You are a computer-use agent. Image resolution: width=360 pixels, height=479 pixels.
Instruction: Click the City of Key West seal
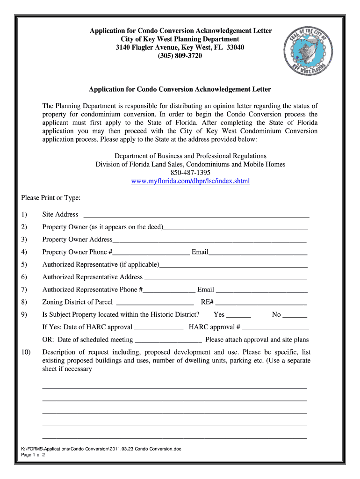[x=309, y=52]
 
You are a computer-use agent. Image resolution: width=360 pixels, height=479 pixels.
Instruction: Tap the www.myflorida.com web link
[x=191, y=181]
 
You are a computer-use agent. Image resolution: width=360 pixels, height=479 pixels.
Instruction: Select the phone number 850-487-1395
[x=190, y=173]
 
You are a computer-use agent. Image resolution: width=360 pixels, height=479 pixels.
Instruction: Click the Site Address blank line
[x=196, y=216]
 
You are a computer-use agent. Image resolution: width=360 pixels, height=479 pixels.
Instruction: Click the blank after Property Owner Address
[x=209, y=240]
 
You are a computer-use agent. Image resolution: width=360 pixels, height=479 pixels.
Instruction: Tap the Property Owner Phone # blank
[x=152, y=253]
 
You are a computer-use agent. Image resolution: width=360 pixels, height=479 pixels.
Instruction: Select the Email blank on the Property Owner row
[x=258, y=253]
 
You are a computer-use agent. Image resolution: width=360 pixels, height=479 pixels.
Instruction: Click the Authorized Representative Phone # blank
[x=169, y=290]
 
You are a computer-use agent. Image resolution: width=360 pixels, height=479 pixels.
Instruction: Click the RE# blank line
[x=261, y=303]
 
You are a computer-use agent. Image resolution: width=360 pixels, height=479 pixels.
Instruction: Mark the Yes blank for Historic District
[x=239, y=316]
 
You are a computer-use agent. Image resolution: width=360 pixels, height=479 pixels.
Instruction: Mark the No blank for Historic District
[x=295, y=316]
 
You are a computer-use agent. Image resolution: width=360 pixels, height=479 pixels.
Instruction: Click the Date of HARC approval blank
[x=158, y=328]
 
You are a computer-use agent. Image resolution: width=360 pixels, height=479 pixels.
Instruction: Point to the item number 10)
[x=26, y=352]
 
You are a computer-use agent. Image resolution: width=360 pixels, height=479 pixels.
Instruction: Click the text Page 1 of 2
[x=33, y=455]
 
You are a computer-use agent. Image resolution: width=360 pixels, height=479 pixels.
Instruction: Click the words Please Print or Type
[x=51, y=198]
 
